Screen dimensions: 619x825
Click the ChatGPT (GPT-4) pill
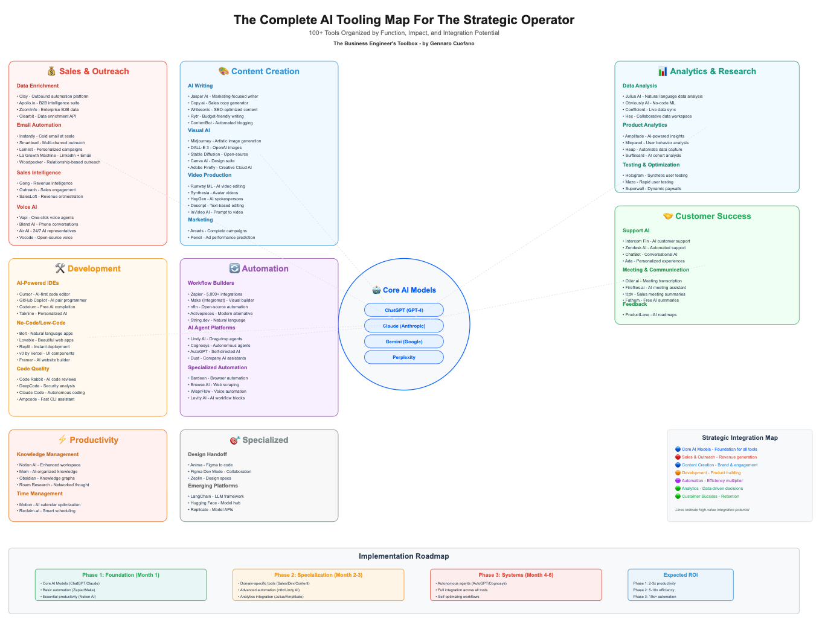coord(404,310)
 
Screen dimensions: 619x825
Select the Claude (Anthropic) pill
coord(404,326)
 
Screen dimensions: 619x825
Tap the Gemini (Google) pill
coord(404,341)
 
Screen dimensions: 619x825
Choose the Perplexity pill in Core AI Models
coord(404,357)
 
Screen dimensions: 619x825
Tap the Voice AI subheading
coord(27,207)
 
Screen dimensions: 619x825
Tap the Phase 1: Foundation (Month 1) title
coord(121,575)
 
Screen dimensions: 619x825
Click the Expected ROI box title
coord(680,575)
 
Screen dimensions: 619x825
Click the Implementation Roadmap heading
coord(403,556)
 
